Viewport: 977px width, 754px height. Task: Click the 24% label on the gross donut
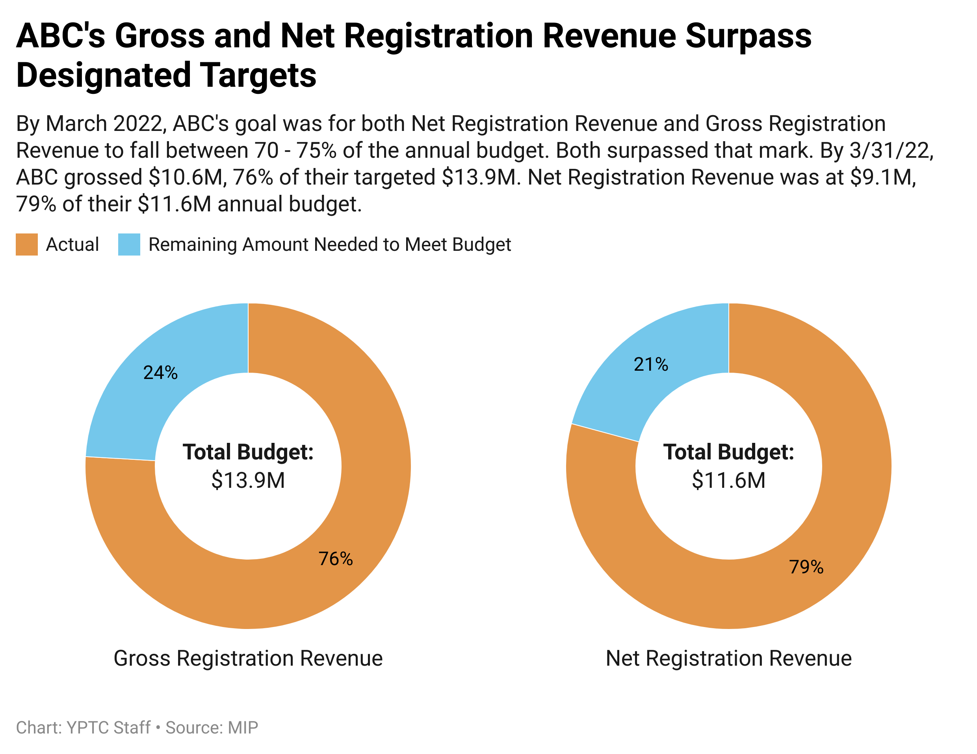coord(160,373)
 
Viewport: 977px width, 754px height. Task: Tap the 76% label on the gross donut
coord(336,558)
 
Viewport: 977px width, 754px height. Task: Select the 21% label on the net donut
coord(651,364)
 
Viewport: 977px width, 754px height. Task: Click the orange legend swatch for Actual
coord(27,244)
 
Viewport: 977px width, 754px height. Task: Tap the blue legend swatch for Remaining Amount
coord(129,244)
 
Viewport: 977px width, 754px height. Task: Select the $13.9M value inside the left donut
coord(248,480)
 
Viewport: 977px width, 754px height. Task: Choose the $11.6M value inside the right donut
coord(728,480)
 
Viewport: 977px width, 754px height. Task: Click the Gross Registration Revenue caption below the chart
coord(248,658)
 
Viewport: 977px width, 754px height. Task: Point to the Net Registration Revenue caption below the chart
coord(728,658)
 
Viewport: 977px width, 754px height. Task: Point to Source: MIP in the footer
coord(212,728)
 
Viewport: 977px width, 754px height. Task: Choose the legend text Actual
coord(72,244)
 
